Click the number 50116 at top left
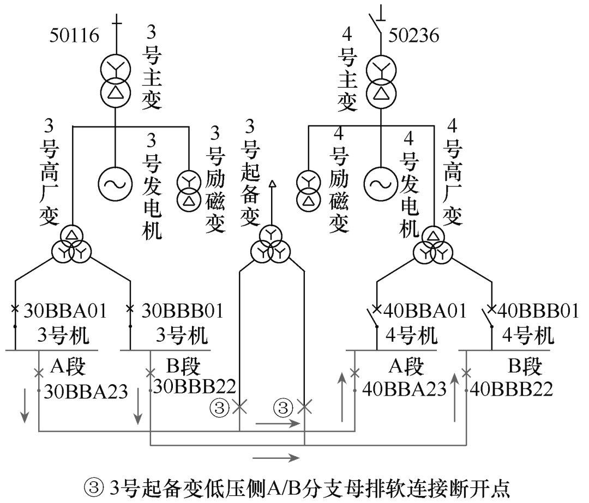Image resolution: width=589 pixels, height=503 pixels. (75, 36)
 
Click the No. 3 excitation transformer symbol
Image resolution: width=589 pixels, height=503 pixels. (189, 193)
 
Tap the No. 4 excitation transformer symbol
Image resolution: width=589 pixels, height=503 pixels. (309, 193)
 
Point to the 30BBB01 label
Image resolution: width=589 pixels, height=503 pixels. (182, 312)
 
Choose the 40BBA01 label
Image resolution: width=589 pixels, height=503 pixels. (425, 312)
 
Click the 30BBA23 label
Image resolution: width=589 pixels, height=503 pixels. (86, 391)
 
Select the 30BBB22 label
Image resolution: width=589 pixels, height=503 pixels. (195, 386)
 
